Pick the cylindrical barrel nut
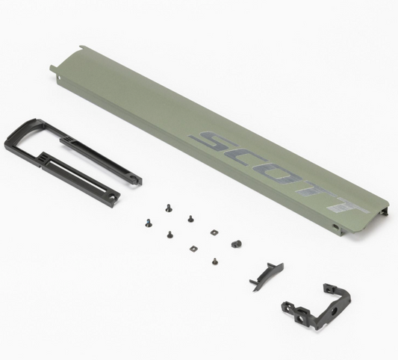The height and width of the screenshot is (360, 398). click(x=237, y=243)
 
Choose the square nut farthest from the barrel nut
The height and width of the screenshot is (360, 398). click(x=193, y=247)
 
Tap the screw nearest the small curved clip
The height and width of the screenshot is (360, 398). click(x=215, y=261)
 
